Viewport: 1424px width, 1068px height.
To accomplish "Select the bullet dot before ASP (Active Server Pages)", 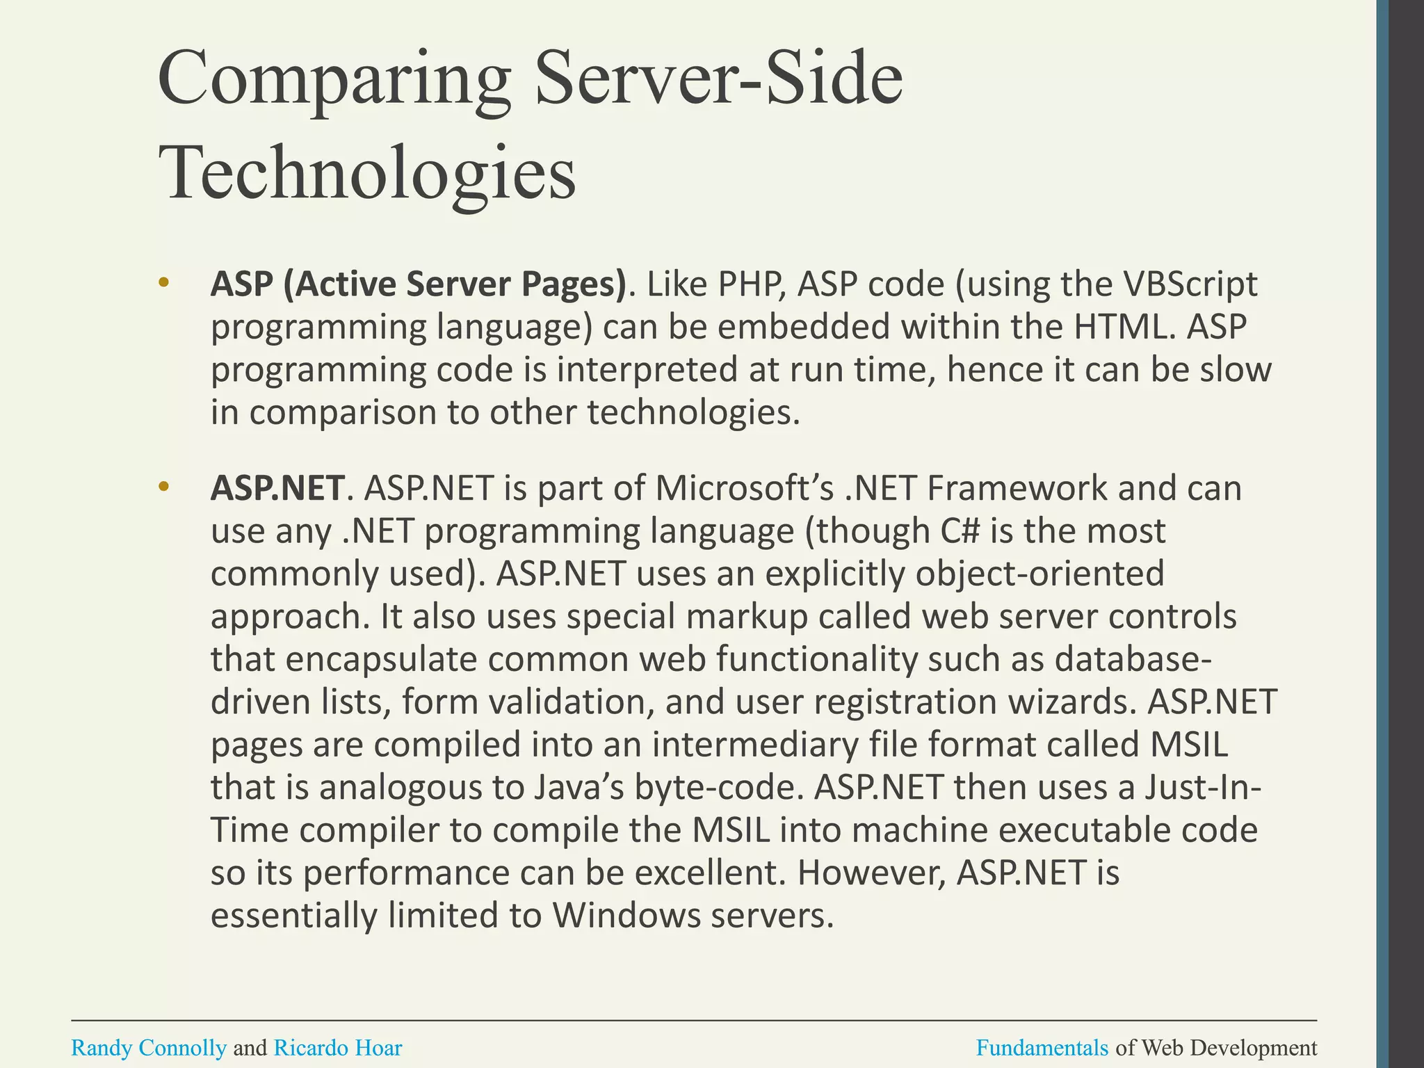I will pyautogui.click(x=163, y=282).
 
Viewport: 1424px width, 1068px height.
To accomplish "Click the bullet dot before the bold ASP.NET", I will pyautogui.click(x=163, y=487).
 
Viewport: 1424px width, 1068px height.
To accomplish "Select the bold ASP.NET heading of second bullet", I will pyautogui.click(x=277, y=488).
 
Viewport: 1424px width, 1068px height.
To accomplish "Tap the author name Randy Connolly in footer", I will pyautogui.click(x=149, y=1048).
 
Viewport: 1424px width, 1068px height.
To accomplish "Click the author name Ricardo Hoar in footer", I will pyautogui.click(x=338, y=1048).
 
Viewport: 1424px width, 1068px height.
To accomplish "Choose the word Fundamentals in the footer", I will pyautogui.click(x=1042, y=1048).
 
